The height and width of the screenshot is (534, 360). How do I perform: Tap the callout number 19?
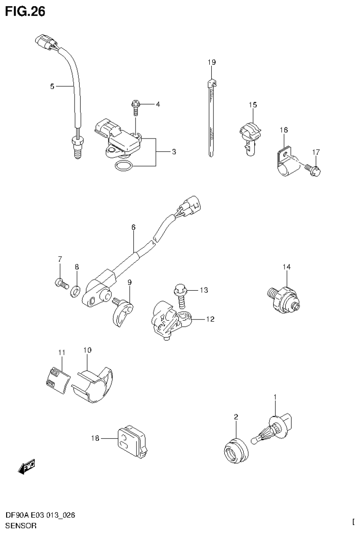click(212, 62)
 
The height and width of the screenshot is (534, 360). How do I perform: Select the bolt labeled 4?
click(135, 107)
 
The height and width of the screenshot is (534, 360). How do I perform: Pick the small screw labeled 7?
click(60, 283)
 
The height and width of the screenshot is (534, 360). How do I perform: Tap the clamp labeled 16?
click(285, 162)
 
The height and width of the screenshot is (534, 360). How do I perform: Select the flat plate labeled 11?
click(56, 379)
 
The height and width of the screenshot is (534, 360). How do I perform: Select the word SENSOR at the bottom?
click(21, 526)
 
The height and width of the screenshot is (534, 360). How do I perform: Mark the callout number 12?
click(210, 319)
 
